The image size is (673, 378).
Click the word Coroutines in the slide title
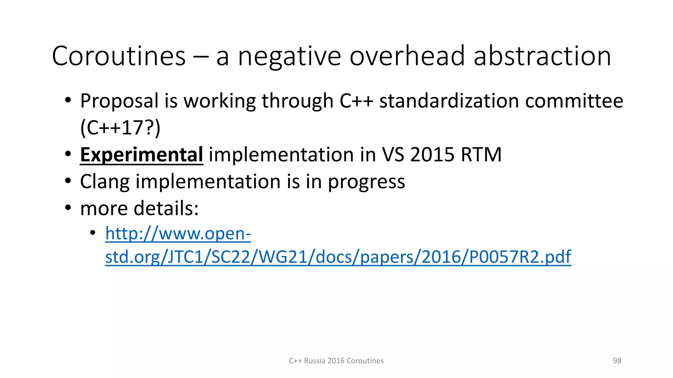pyautogui.click(x=119, y=56)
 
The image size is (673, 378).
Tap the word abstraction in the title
pyautogui.click(x=542, y=56)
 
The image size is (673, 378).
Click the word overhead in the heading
pyautogui.click(x=407, y=56)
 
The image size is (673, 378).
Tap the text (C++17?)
pyautogui.click(x=120, y=128)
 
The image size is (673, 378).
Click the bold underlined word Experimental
pyautogui.click(x=142, y=155)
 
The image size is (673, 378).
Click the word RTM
pyautogui.click(x=481, y=155)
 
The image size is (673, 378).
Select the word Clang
pyautogui.click(x=105, y=182)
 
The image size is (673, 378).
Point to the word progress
pyautogui.click(x=366, y=182)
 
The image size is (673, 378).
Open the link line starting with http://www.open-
pyautogui.click(x=178, y=234)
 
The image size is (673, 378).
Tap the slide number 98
pyautogui.click(x=617, y=361)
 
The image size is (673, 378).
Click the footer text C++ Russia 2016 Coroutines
pyautogui.click(x=336, y=361)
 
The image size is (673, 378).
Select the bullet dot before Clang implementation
pyautogui.click(x=68, y=181)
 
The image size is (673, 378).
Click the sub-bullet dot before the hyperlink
pyautogui.click(x=93, y=233)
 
